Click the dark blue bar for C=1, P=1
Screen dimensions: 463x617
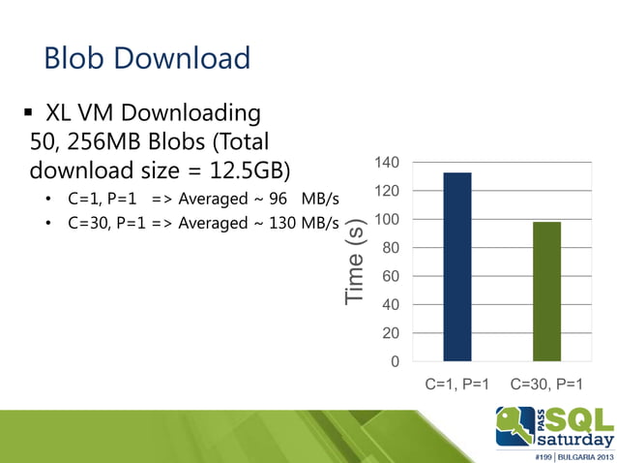pyautogui.click(x=456, y=266)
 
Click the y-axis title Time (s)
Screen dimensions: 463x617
pyautogui.click(x=357, y=262)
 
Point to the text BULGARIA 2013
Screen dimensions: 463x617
pyautogui.click(x=580, y=454)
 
